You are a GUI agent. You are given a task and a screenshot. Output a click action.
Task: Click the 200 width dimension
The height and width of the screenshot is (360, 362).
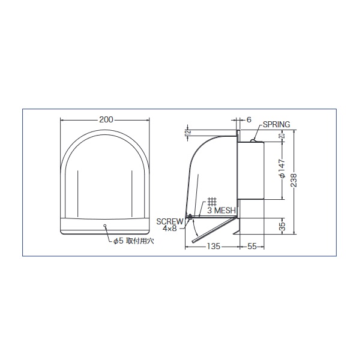click(x=106, y=119)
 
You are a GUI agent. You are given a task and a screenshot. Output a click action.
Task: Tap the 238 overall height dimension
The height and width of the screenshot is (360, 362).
click(x=294, y=180)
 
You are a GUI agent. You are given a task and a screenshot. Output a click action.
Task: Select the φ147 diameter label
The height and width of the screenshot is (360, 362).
click(x=282, y=169)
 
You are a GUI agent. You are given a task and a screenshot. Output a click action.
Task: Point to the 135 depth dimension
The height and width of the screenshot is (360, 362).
click(x=213, y=247)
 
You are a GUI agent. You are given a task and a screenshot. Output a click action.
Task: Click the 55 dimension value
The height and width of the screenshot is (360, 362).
click(x=252, y=247)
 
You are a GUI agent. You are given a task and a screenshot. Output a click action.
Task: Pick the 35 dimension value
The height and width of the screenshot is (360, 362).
click(x=282, y=226)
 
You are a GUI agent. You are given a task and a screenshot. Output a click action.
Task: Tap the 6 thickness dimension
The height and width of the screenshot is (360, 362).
click(x=249, y=120)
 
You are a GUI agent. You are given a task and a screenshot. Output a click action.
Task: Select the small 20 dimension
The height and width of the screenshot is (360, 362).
click(x=282, y=136)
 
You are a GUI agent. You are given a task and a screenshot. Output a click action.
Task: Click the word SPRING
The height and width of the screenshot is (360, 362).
click(x=276, y=124)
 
